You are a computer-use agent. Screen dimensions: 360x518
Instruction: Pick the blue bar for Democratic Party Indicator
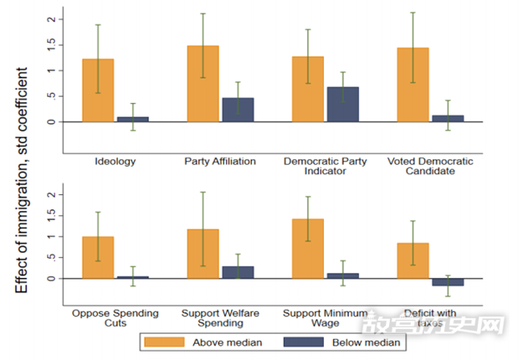[342, 104]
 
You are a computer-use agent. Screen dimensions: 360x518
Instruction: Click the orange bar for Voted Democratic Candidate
[413, 85]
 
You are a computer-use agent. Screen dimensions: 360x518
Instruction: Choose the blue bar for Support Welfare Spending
[237, 272]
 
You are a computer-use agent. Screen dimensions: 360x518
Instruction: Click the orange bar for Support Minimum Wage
[308, 248]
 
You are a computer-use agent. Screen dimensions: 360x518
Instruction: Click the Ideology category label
[115, 161]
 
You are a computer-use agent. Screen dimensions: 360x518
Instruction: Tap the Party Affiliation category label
[220, 161]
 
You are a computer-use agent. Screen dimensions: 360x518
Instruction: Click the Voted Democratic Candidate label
[429, 165]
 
